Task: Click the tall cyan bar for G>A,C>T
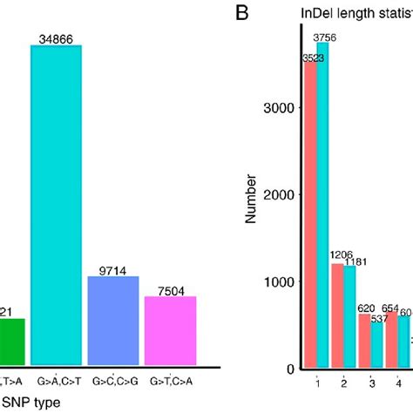[56, 204]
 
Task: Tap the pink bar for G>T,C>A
[171, 329]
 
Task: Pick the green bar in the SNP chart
[11, 341]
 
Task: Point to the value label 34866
[56, 37]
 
